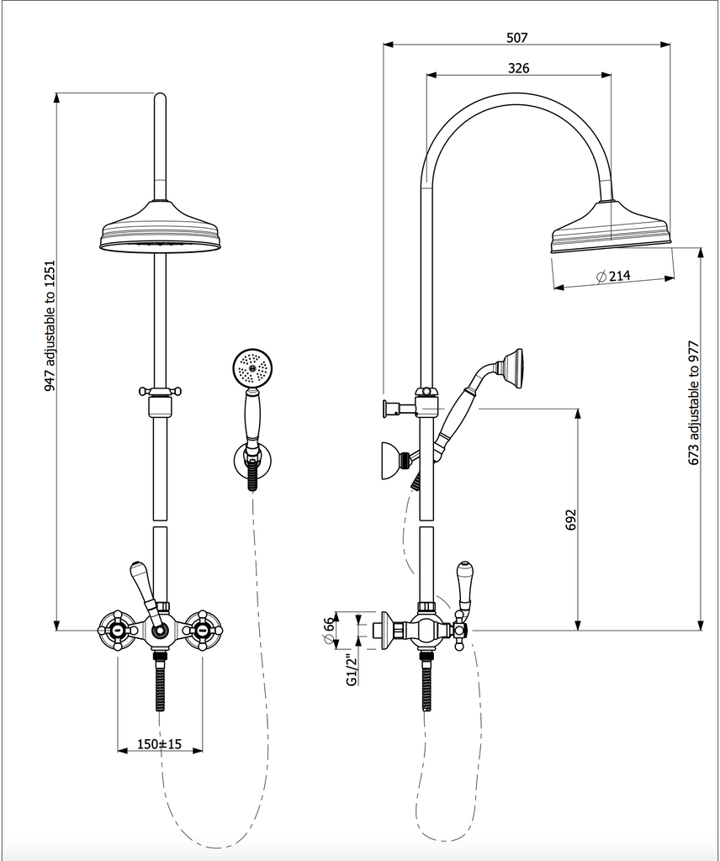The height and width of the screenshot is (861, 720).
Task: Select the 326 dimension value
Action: pos(519,68)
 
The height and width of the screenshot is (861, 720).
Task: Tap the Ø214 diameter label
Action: pos(612,276)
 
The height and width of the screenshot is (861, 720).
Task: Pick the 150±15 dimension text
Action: pos(160,745)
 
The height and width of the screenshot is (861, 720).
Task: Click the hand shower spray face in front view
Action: pos(250,367)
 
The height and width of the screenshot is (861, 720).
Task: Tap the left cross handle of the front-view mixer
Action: pos(117,628)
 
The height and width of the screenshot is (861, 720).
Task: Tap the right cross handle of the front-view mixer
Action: pos(203,628)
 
